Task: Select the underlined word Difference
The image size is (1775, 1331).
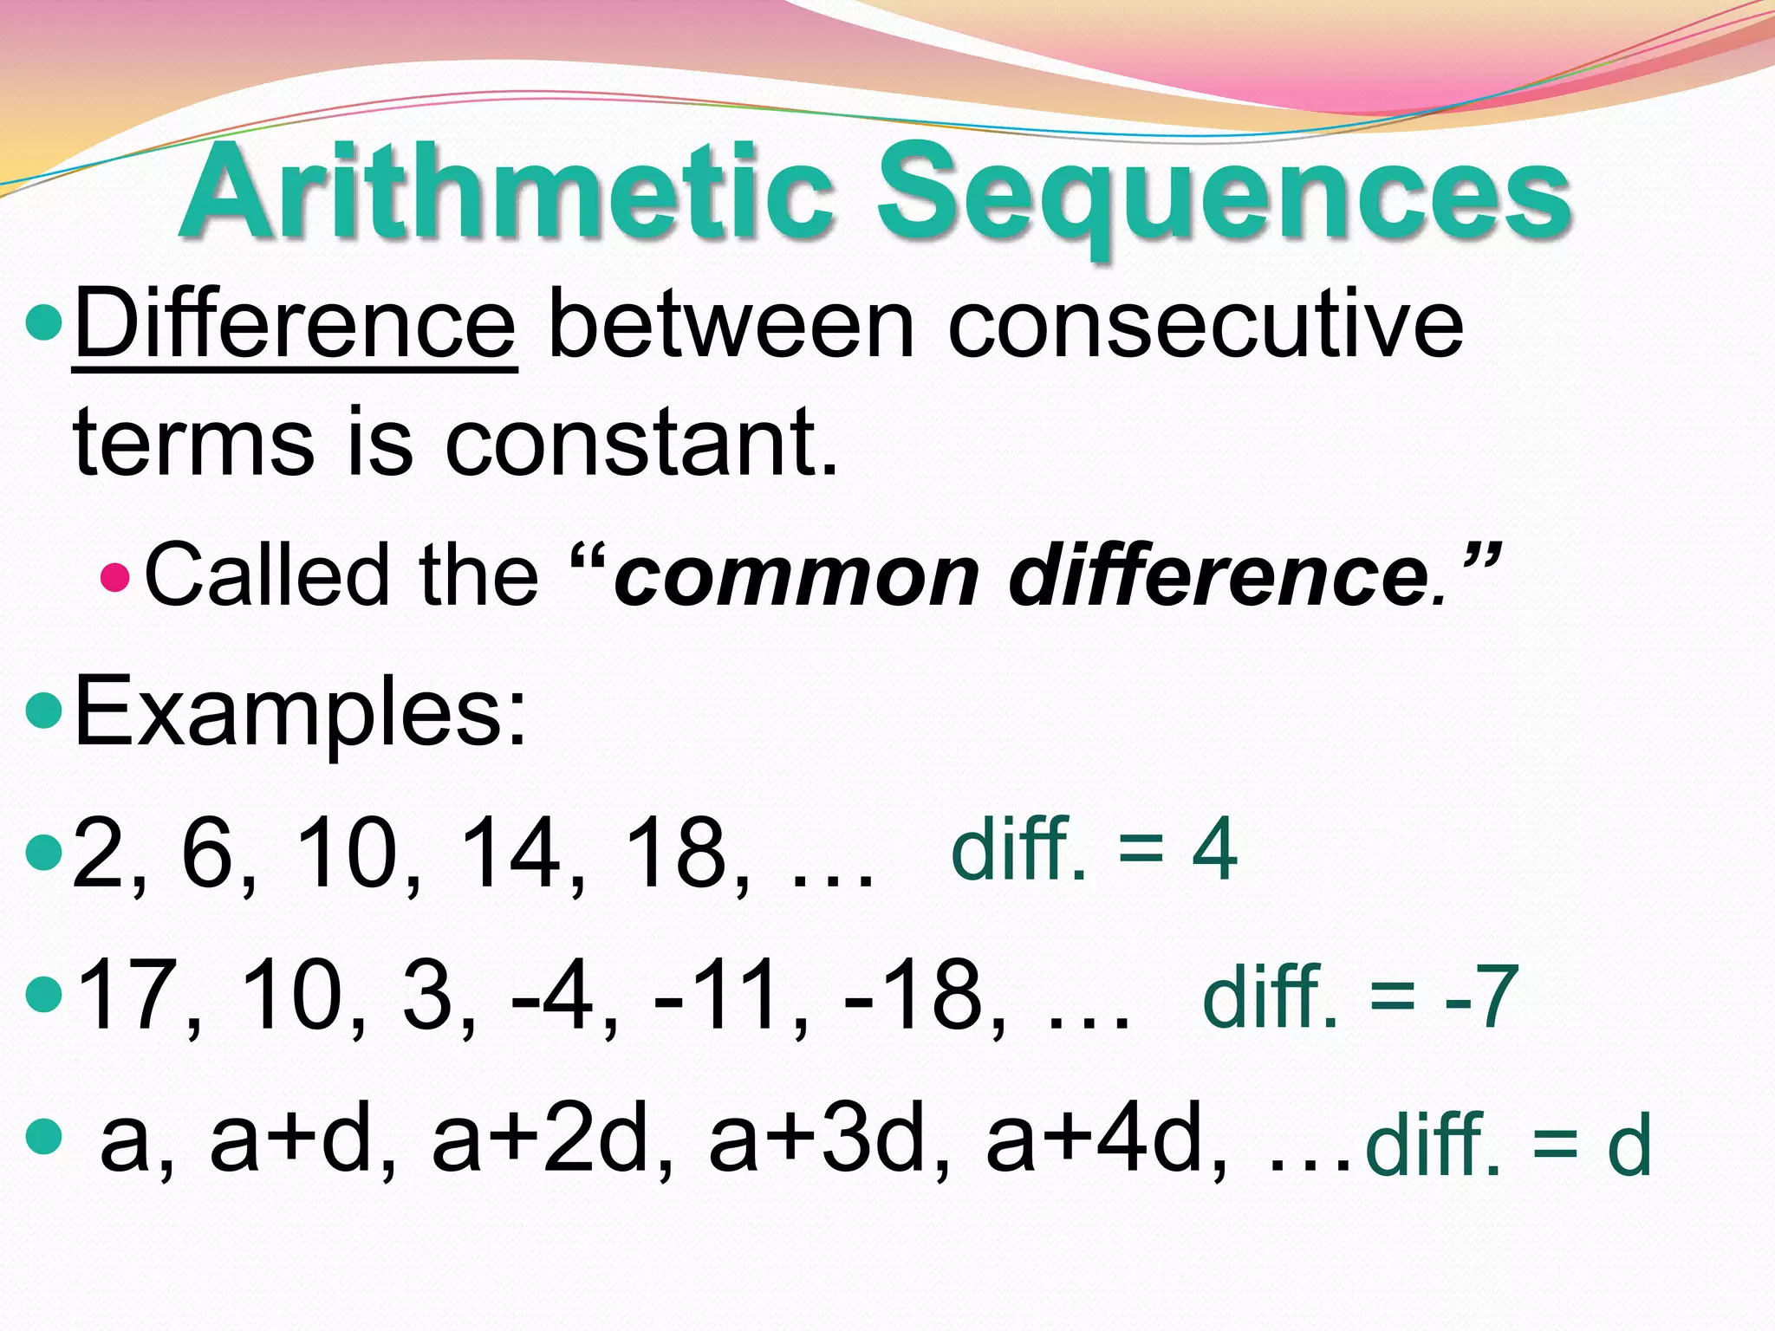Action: point(296,326)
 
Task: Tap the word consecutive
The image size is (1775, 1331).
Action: point(1206,326)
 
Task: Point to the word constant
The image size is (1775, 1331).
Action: point(641,442)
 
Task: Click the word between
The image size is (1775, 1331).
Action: point(732,326)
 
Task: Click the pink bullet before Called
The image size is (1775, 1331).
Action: point(114,576)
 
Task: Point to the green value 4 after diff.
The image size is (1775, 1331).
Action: point(1215,850)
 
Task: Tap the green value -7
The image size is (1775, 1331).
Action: point(1482,997)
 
